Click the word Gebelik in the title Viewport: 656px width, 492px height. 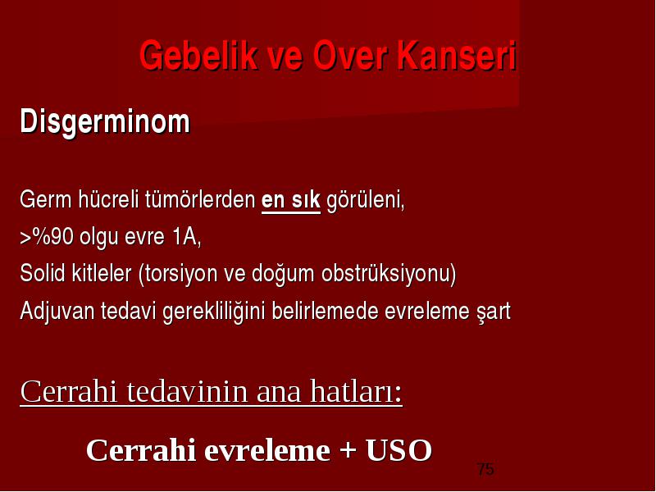point(198,55)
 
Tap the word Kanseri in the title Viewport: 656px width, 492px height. point(457,55)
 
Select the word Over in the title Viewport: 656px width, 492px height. point(349,55)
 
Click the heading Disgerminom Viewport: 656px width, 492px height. point(105,122)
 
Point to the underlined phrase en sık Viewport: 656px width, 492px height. point(291,200)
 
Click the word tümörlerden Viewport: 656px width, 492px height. point(200,199)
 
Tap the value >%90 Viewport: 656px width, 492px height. point(47,236)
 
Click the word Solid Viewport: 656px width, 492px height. point(43,273)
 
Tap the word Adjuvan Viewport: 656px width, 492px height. point(57,312)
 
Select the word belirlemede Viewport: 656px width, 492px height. point(325,311)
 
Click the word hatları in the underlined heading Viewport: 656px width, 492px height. point(356,391)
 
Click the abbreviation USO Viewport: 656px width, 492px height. point(399,450)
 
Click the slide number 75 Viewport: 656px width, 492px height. point(485,469)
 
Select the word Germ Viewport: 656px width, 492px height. point(46,199)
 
